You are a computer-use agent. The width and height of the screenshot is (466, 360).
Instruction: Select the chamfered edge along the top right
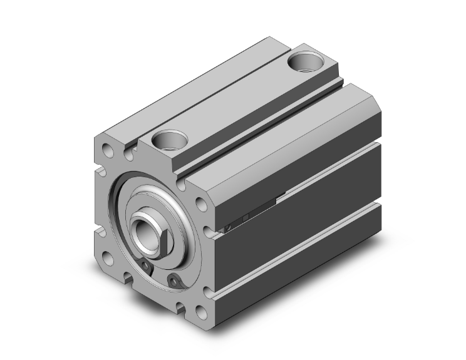click(288, 131)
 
